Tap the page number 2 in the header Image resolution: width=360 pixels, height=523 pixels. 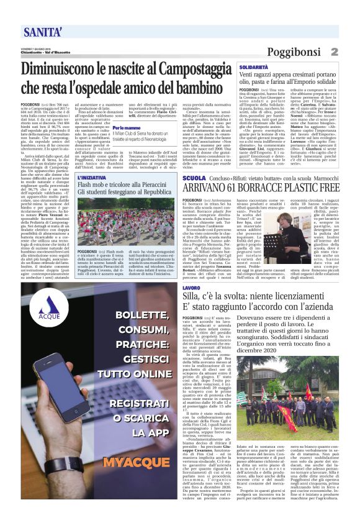[351, 52]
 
